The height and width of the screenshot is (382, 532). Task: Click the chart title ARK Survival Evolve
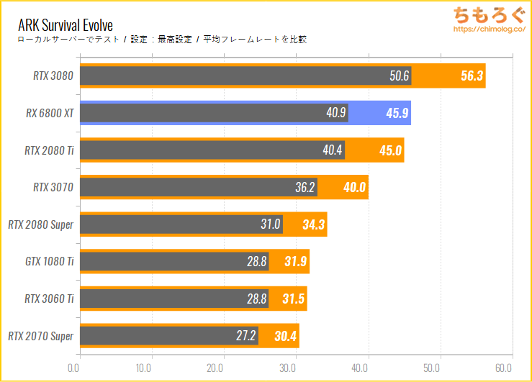tap(66, 26)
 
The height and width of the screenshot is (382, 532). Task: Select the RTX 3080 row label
tap(53, 76)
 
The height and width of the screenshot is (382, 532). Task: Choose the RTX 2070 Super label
tap(41, 336)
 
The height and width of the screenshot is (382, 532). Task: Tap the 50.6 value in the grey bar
tap(400, 76)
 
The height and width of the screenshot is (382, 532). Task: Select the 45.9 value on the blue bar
tap(395, 113)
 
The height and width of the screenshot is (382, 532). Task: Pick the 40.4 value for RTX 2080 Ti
tap(333, 150)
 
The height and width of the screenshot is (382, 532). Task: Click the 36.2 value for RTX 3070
tap(305, 188)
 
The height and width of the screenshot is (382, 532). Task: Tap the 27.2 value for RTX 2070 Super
tap(246, 336)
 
